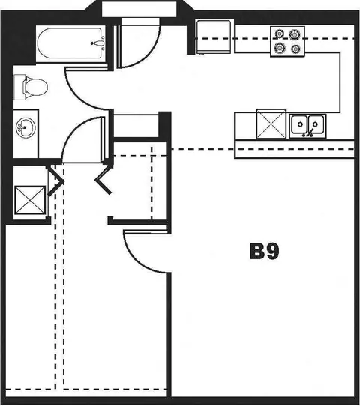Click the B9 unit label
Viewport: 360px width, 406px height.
pos(265,251)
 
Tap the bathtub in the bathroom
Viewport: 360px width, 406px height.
pos(70,43)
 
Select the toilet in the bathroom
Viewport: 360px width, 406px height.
pos(31,87)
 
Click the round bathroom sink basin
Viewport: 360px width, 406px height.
pos(25,127)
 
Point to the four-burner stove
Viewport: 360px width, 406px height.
pos(287,41)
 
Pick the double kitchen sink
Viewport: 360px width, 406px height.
pos(308,125)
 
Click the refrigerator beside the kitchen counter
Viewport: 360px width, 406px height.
pos(213,37)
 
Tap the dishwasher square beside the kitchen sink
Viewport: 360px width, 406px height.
pos(271,124)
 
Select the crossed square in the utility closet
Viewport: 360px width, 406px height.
pos(30,200)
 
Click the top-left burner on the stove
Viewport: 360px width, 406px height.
pos(279,34)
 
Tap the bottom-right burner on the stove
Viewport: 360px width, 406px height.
pos(295,49)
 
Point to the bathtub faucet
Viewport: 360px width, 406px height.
pos(98,43)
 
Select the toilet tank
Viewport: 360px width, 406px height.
pos(19,87)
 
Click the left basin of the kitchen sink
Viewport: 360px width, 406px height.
pos(299,124)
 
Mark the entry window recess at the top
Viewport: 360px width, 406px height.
pos(139,9)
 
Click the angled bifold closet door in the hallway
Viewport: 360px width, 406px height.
pos(104,180)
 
